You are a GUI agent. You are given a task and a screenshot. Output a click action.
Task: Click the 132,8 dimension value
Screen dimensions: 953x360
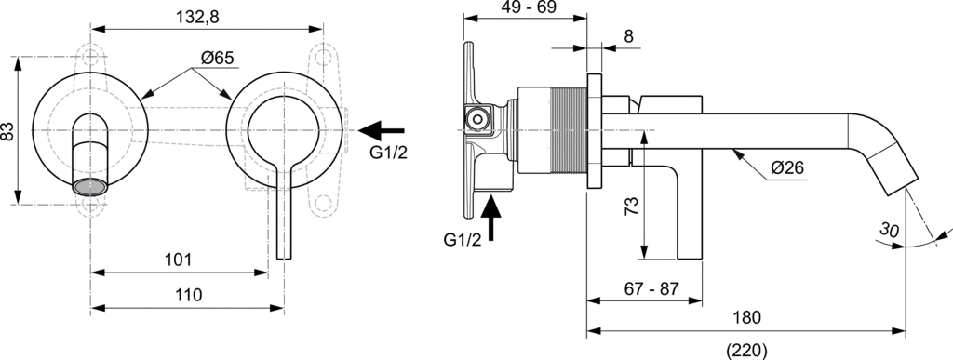(198, 17)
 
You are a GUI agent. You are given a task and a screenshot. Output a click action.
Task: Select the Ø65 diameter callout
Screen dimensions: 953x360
(217, 59)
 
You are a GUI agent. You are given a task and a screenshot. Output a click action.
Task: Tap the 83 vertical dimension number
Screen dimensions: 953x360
(7, 131)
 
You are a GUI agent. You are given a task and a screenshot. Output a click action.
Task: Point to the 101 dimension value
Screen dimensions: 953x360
(179, 260)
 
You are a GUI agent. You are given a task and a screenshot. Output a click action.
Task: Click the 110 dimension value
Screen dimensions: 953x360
(188, 296)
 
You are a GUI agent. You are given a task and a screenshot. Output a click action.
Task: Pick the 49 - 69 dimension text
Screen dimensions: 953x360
(530, 7)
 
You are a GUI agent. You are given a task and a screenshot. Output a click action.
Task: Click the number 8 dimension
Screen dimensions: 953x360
(628, 36)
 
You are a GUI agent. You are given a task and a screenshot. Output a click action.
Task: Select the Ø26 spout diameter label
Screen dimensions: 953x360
(787, 167)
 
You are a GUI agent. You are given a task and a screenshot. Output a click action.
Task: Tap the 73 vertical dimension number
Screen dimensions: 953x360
(632, 207)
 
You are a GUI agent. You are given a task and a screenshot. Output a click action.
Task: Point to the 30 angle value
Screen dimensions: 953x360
(890, 230)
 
